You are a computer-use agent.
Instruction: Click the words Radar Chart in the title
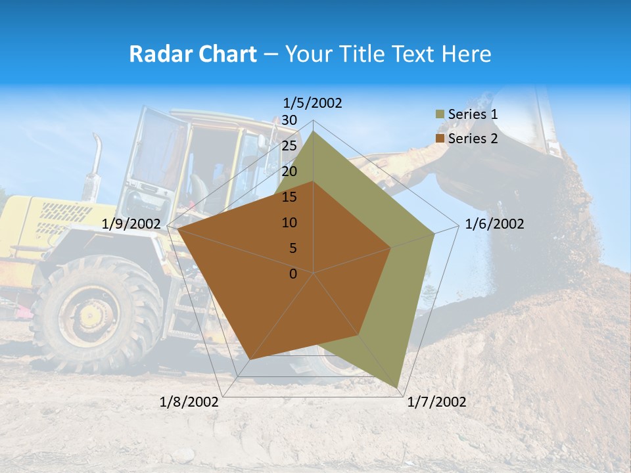pos(193,54)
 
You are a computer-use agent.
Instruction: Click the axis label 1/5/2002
pos(313,103)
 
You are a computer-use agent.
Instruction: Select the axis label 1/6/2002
pos(494,224)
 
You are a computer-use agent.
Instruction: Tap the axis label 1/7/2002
pos(436,402)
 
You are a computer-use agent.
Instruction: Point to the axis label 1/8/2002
pos(189,402)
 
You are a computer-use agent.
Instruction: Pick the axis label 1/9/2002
pos(131,224)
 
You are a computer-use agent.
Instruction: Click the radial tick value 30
pos(289,120)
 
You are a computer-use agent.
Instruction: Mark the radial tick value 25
pos(289,146)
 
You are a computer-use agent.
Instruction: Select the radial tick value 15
pos(289,197)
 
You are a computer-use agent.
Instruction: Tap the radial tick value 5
pos(292,248)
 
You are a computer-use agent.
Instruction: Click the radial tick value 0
pos(293,274)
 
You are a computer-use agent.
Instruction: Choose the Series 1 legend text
pos(473,114)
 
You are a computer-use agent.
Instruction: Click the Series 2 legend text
pos(473,139)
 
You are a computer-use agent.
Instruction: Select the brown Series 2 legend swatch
pos(440,139)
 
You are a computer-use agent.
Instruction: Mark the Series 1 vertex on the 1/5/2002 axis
pos(314,131)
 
